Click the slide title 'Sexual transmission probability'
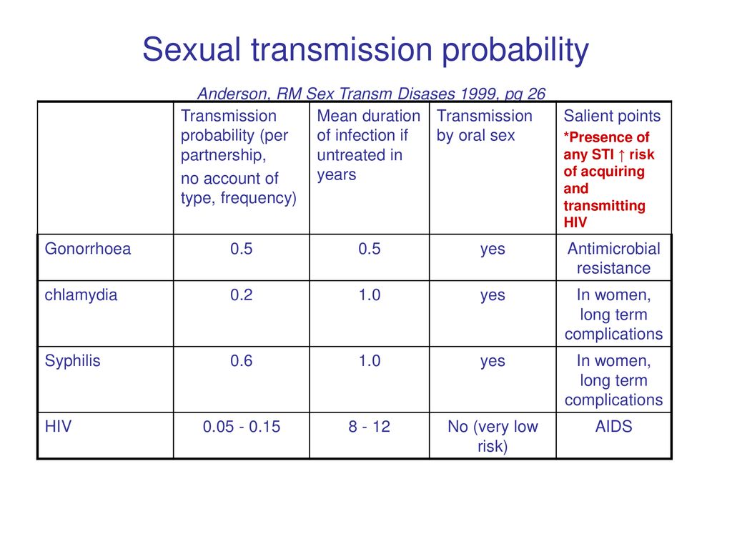pos(365,50)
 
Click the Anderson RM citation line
pos(371,94)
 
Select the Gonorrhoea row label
pos(88,249)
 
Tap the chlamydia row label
pos(81,295)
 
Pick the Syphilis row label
pos(72,361)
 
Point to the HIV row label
pos(58,426)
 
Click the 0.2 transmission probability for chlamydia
pos(242,295)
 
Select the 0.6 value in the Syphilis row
pos(242,361)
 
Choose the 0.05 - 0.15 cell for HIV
pos(242,427)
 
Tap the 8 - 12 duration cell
pos(370,427)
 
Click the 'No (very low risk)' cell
pos(493,436)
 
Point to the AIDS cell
pos(613,426)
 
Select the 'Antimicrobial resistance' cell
pos(613,258)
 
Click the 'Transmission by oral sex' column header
pos(484,126)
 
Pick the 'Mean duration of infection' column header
pos(368,145)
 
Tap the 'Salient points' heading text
pos(612,116)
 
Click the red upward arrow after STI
pos(621,155)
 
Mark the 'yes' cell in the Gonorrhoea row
pos(493,249)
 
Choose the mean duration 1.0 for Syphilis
pos(370,361)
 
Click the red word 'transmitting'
pos(604,206)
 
